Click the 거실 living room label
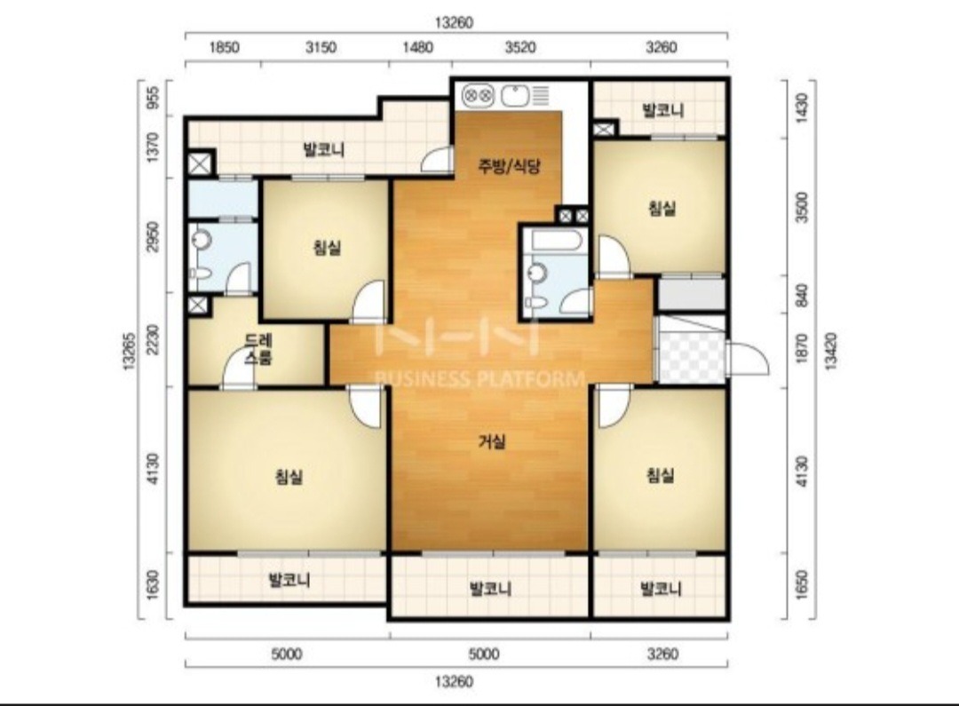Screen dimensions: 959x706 click(492, 440)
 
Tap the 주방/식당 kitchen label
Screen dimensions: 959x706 click(509, 166)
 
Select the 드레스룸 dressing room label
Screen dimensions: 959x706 click(258, 349)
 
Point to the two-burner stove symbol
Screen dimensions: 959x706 click(478, 95)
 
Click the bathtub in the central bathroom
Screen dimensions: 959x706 click(556, 240)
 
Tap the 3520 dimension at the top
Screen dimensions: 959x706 click(519, 47)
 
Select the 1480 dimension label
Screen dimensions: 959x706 click(417, 47)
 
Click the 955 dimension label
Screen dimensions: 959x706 click(154, 98)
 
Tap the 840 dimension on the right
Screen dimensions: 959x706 click(802, 296)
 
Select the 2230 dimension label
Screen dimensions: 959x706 click(154, 339)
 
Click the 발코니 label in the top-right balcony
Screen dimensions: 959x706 click(663, 111)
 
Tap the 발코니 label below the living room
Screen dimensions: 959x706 click(490, 589)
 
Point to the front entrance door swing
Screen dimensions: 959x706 click(748, 358)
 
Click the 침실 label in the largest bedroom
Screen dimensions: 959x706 click(289, 476)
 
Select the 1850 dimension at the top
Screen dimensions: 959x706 click(224, 47)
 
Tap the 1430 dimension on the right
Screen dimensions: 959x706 click(802, 107)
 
